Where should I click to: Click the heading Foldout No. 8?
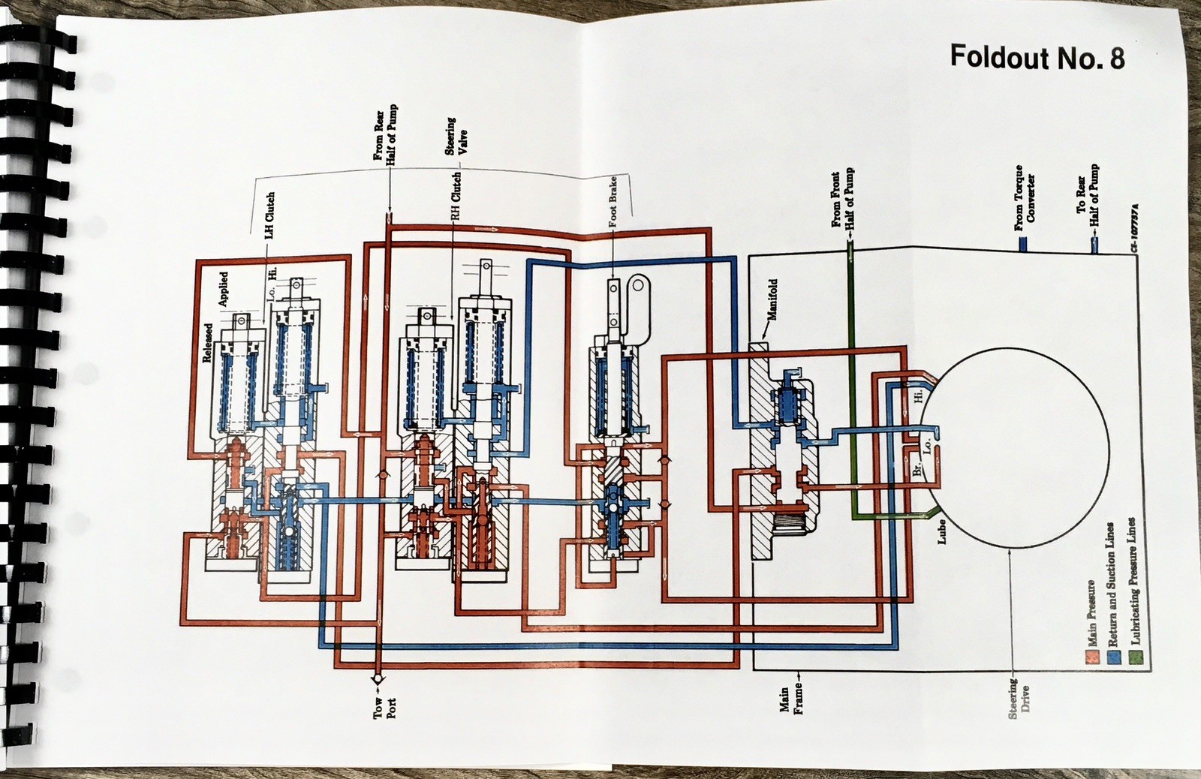click(1037, 57)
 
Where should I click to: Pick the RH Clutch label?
click(455, 196)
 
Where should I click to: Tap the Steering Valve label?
click(456, 137)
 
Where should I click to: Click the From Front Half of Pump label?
click(844, 199)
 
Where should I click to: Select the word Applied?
click(224, 289)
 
